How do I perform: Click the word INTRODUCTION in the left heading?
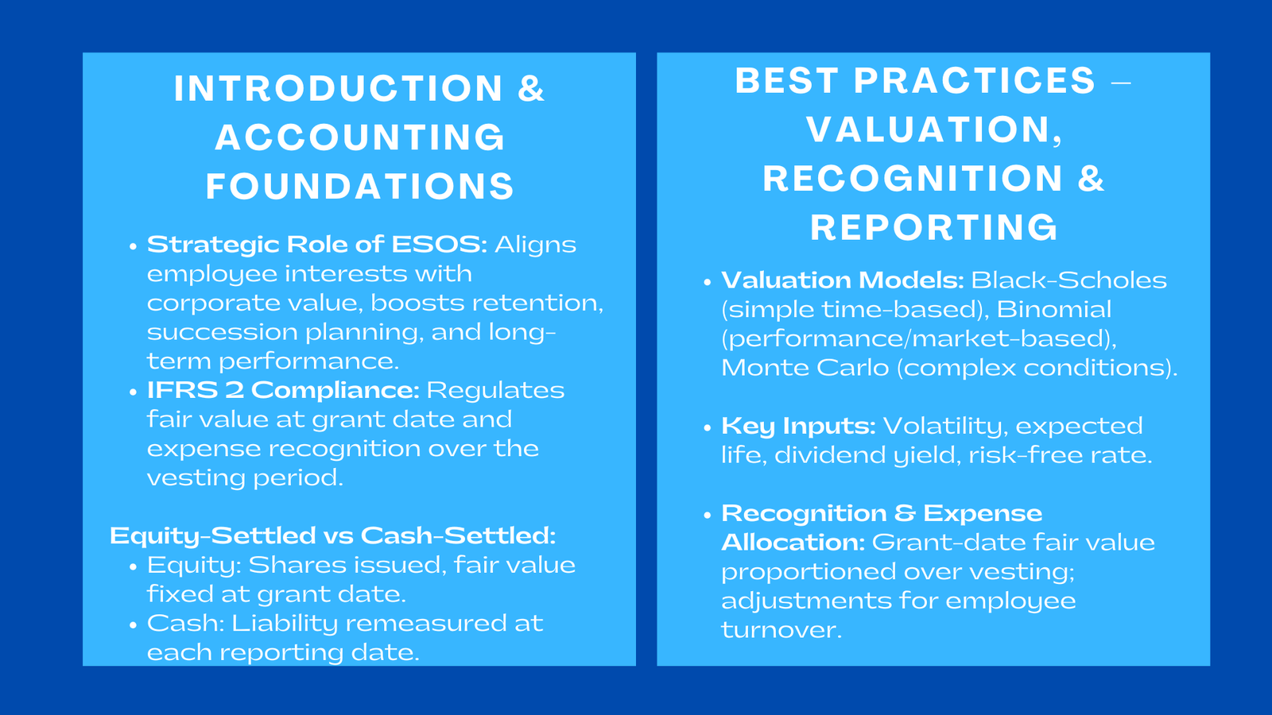click(x=339, y=88)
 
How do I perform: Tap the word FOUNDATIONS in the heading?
click(x=360, y=187)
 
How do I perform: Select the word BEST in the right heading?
click(x=786, y=81)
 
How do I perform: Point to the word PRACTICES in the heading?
click(x=975, y=81)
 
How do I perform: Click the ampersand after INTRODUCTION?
click(x=531, y=88)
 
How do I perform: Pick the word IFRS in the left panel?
click(x=176, y=390)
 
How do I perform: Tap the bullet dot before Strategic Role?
click(x=134, y=245)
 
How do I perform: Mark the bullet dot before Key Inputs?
click(x=708, y=427)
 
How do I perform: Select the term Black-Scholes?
click(x=1068, y=280)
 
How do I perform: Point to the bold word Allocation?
click(x=791, y=543)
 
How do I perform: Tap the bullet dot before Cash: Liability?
click(x=134, y=624)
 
